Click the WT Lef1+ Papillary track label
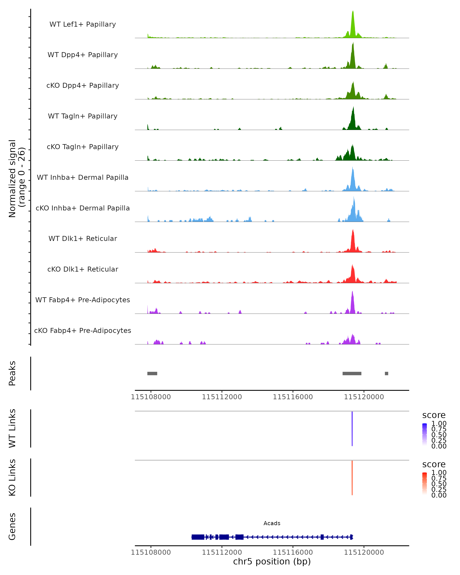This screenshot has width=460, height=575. pos(83,24)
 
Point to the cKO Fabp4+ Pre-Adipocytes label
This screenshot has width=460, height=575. pos(83,330)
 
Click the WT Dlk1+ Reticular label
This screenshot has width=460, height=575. pos(83,238)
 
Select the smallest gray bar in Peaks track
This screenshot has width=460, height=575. pos(386,373)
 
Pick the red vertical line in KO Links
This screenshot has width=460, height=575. pos(352,478)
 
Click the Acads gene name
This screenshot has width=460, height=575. pos(272,523)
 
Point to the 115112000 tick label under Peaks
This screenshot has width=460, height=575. pos(222,397)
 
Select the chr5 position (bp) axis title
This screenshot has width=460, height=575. pos(272,561)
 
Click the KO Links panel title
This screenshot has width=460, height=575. pos(12,477)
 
